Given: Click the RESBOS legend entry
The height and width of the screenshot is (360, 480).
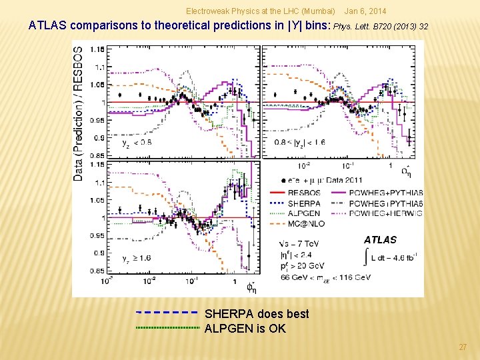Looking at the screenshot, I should (303, 193).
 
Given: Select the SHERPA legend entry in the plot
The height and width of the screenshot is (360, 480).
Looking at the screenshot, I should (303, 203).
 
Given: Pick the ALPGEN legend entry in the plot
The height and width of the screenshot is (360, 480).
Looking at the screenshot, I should (303, 213).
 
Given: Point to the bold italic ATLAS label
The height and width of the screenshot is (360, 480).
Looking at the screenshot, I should (380, 240).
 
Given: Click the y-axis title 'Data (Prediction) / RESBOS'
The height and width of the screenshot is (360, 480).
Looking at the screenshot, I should (79, 113).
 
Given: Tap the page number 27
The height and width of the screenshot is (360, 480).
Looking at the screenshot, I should (463, 347).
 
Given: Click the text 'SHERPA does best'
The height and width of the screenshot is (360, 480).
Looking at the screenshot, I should (257, 314).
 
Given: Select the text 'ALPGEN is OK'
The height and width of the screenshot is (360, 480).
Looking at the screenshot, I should (245, 328).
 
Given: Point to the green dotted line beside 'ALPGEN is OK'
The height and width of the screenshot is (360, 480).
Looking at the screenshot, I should (167, 328).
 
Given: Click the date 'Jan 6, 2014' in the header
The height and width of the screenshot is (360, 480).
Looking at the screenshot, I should (365, 11).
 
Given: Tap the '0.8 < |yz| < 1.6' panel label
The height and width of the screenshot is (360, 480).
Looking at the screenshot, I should (301, 143).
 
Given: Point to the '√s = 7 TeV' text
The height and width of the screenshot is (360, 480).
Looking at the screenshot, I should (301, 243).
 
